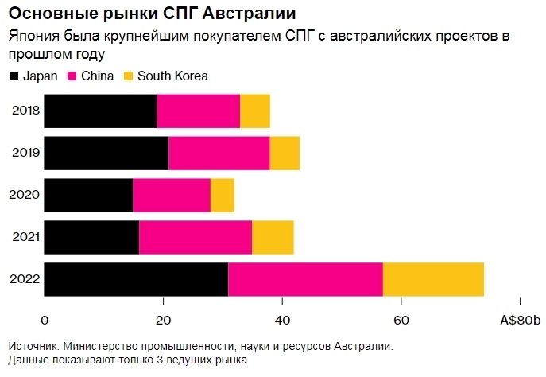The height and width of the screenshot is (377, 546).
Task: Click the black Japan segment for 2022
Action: click(136, 279)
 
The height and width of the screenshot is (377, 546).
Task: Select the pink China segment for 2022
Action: click(305, 279)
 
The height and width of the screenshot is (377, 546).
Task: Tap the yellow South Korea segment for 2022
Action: click(433, 279)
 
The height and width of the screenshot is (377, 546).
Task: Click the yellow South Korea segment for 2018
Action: click(255, 111)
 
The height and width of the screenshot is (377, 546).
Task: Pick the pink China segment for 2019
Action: click(219, 153)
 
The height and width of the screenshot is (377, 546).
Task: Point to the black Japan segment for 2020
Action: click(88, 195)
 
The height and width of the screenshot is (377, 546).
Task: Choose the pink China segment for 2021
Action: click(196, 237)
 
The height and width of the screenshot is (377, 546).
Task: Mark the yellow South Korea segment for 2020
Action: click(223, 195)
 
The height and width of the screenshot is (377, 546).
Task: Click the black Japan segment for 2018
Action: click(100, 111)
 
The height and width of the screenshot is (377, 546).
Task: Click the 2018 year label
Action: click(25, 111)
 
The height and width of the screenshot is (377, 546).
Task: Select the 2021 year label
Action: click(25, 237)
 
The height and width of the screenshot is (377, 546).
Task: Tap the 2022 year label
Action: click(25, 279)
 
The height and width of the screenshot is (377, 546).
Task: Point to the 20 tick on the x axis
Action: click(163, 320)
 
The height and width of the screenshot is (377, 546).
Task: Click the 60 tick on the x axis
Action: click(401, 320)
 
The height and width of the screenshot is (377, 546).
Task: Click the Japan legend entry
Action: click(39, 76)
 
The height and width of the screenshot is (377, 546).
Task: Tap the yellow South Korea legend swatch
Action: click(128, 76)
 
